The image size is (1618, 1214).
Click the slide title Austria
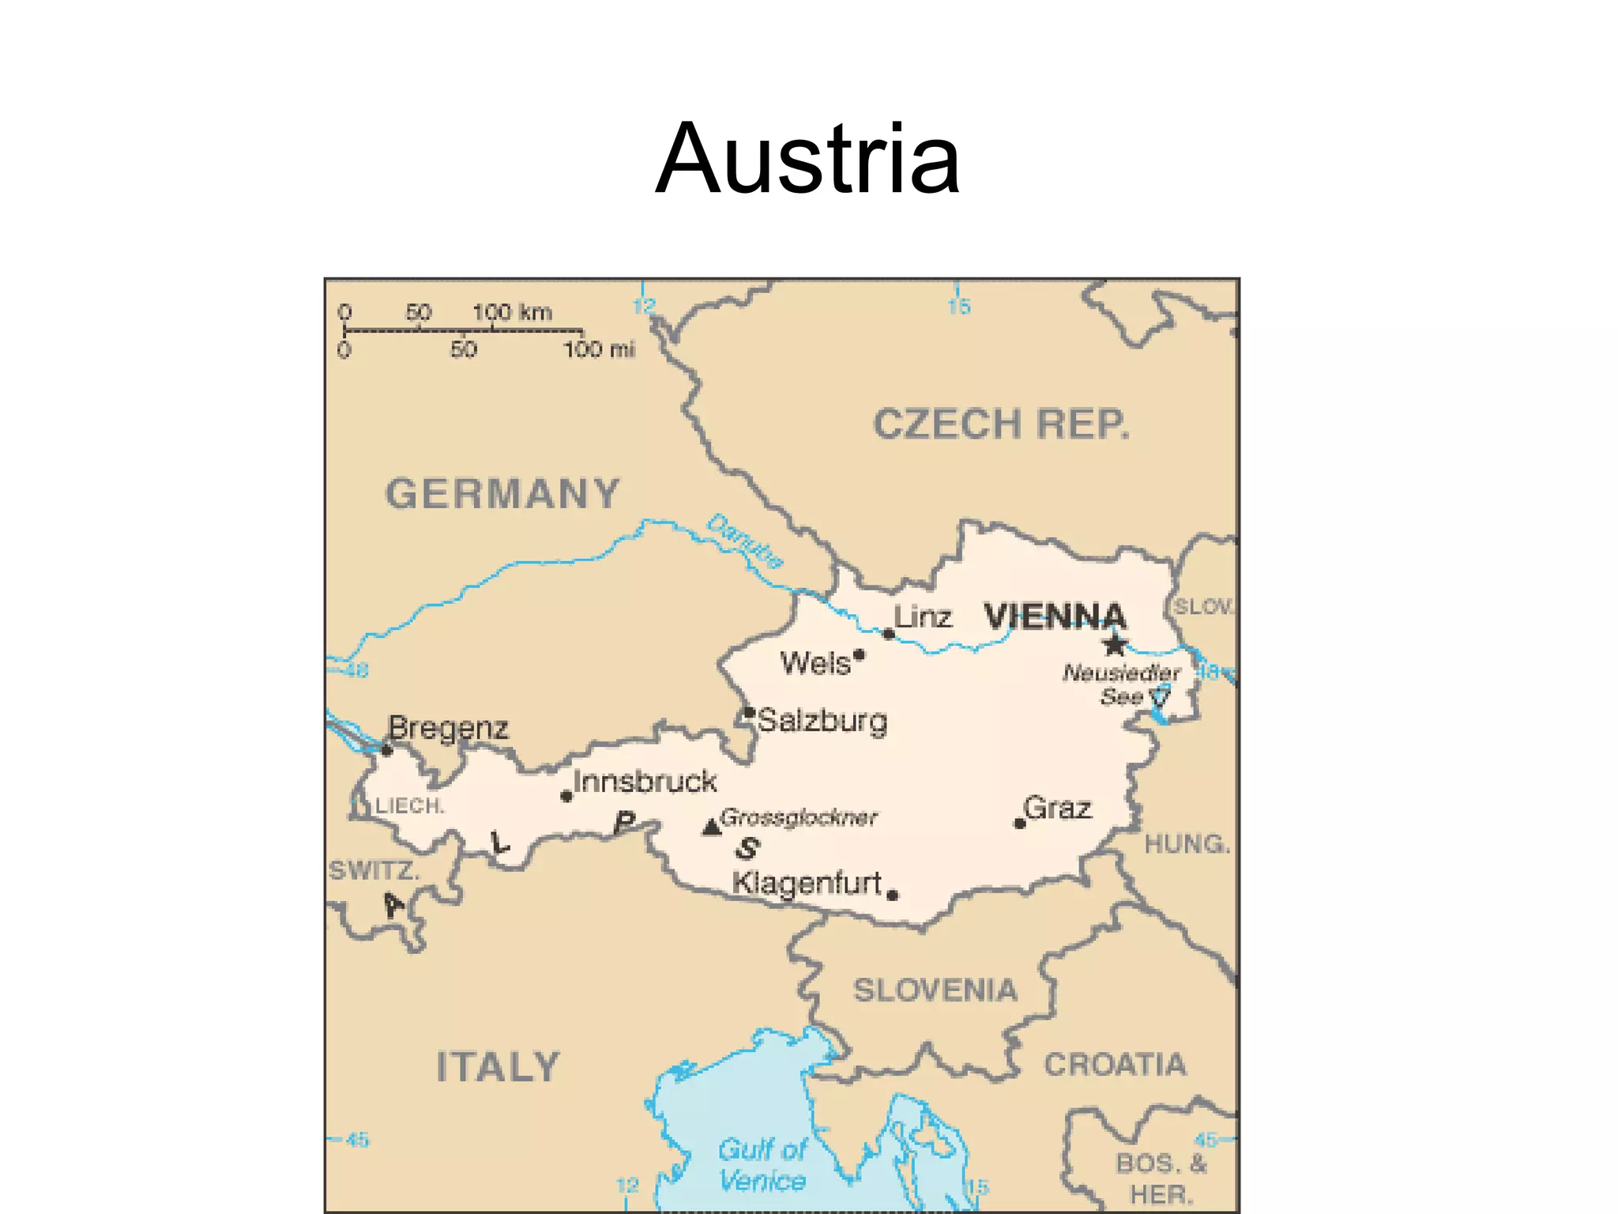click(807, 158)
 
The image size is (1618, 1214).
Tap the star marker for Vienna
click(1115, 645)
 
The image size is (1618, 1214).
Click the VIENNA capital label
click(1055, 616)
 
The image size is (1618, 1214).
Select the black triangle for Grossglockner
click(711, 828)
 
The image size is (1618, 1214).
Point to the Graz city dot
click(1019, 824)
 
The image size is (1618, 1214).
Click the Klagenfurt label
click(806, 883)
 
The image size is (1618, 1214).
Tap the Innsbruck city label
click(645, 782)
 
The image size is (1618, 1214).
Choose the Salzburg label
click(822, 721)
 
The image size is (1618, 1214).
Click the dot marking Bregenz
click(386, 750)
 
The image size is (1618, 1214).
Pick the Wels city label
click(815, 663)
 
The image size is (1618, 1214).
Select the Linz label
click(923, 617)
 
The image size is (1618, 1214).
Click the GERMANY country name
click(502, 494)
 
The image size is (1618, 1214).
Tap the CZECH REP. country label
click(1001, 424)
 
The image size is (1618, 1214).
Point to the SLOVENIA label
click(935, 990)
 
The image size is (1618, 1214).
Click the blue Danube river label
click(744, 541)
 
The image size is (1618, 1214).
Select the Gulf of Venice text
click(762, 1165)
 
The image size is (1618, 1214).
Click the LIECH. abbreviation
click(409, 806)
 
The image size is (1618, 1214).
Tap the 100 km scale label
click(512, 312)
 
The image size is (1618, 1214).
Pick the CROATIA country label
click(1115, 1065)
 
